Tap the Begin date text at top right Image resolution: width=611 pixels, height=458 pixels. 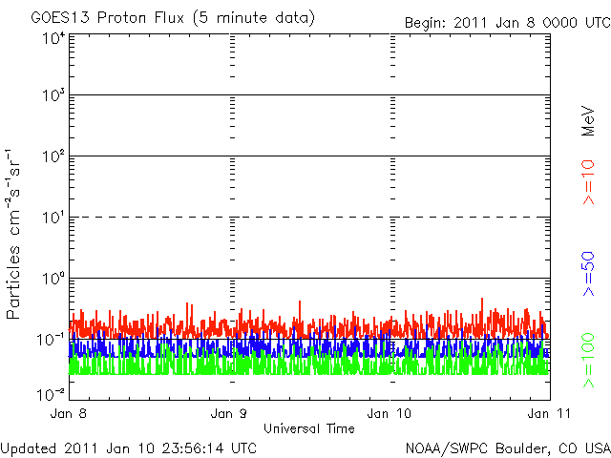click(x=505, y=22)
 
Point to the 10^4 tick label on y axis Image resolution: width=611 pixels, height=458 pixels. click(x=53, y=39)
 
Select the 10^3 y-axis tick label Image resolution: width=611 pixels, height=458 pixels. click(x=53, y=95)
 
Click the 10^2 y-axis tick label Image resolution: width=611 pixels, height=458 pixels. click(x=53, y=156)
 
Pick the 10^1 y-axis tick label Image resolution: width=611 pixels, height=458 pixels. click(x=53, y=218)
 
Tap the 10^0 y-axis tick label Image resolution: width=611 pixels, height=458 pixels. click(x=53, y=279)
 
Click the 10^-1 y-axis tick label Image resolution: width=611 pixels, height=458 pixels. click(x=51, y=340)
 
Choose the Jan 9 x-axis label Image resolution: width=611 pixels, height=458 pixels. click(x=230, y=414)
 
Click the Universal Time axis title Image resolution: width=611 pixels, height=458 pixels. click(x=309, y=428)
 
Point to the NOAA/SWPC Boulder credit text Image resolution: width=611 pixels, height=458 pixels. click(x=506, y=447)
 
